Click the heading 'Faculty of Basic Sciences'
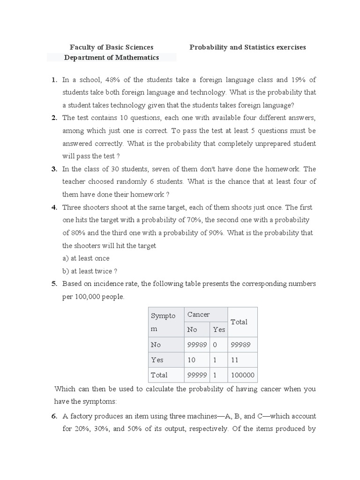[112, 47]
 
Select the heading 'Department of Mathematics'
[112, 58]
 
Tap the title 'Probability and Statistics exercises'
[247, 47]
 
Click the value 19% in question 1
[298, 80]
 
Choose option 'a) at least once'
[86, 258]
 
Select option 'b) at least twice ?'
[90, 271]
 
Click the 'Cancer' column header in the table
[198, 315]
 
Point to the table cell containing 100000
[242, 375]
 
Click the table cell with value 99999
[196, 375]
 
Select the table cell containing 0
[216, 345]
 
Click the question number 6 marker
[54, 416]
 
